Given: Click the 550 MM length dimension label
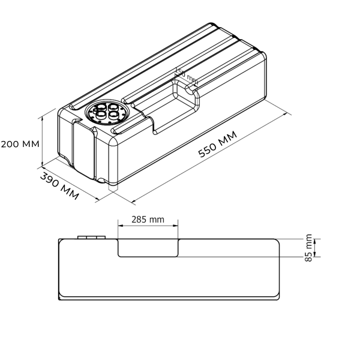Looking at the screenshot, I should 218,146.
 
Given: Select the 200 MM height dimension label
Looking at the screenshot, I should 20,144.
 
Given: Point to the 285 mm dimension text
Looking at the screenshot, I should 148,220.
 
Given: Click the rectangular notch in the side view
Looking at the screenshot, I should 148,247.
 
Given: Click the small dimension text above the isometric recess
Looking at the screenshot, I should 184,74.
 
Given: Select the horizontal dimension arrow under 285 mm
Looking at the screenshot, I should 148,226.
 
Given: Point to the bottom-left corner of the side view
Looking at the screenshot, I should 60,298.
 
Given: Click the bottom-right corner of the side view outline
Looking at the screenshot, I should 278,298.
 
